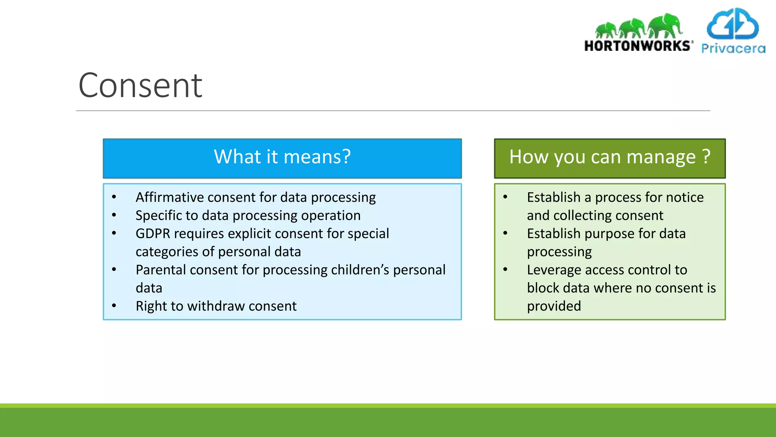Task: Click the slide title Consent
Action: pos(140,86)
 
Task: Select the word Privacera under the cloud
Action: pos(733,49)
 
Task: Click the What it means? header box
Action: pos(282,158)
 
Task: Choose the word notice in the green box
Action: pos(684,197)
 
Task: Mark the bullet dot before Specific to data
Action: pos(114,215)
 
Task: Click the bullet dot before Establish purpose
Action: pos(505,233)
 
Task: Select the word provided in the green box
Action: pos(554,306)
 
